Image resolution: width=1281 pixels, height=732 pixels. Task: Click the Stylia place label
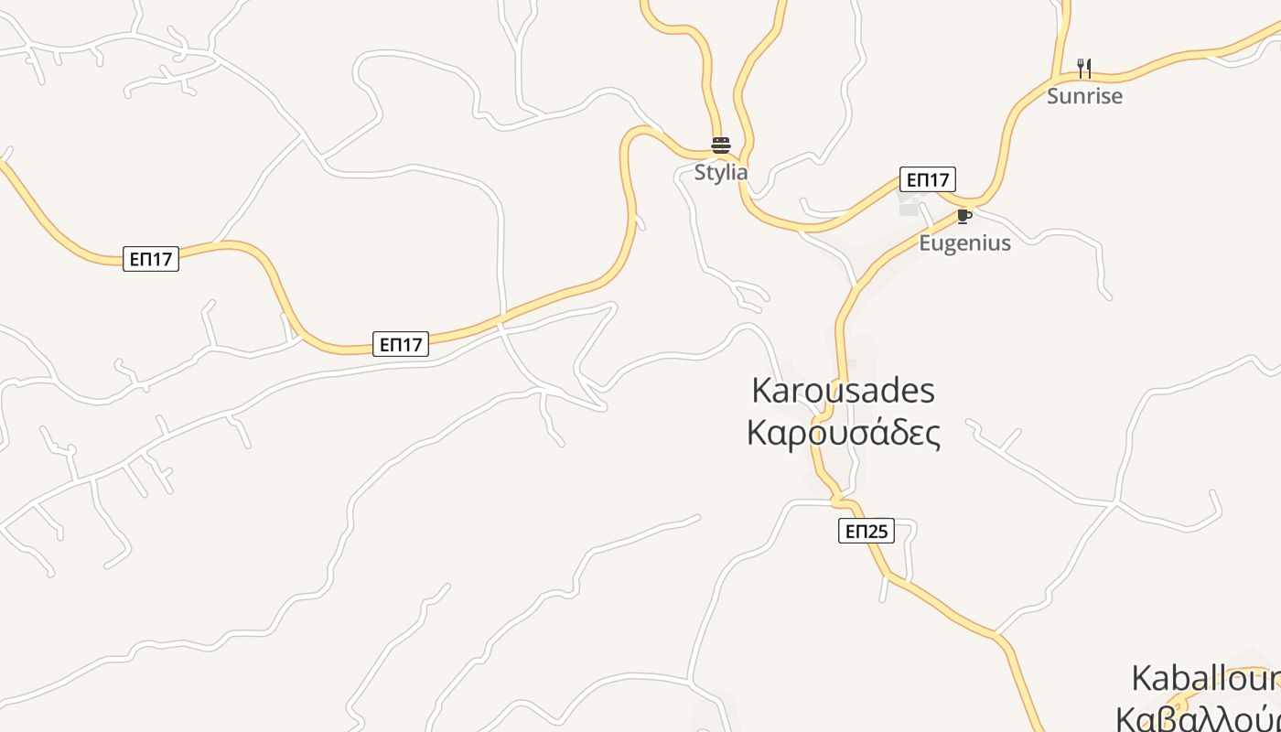(x=721, y=172)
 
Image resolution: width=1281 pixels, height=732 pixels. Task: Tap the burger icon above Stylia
(x=721, y=145)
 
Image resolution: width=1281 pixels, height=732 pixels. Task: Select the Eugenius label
(x=964, y=242)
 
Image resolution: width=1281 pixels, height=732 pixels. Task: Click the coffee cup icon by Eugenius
(x=963, y=216)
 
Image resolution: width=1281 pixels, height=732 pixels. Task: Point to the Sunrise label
(x=1084, y=96)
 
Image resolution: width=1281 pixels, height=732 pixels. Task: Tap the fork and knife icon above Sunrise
(x=1084, y=68)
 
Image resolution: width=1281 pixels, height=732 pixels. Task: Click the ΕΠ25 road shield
(x=866, y=531)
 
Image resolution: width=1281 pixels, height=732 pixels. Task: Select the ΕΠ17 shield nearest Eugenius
(x=928, y=179)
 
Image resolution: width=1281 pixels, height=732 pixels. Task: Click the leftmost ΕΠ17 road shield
(x=151, y=259)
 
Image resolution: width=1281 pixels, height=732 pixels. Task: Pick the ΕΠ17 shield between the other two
(x=401, y=344)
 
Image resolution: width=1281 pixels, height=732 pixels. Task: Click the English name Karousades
(x=843, y=391)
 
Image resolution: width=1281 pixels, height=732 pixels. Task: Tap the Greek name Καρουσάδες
(x=843, y=433)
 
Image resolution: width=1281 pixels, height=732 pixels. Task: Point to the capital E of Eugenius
(x=924, y=242)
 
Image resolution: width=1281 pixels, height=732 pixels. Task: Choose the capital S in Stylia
(x=700, y=172)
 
